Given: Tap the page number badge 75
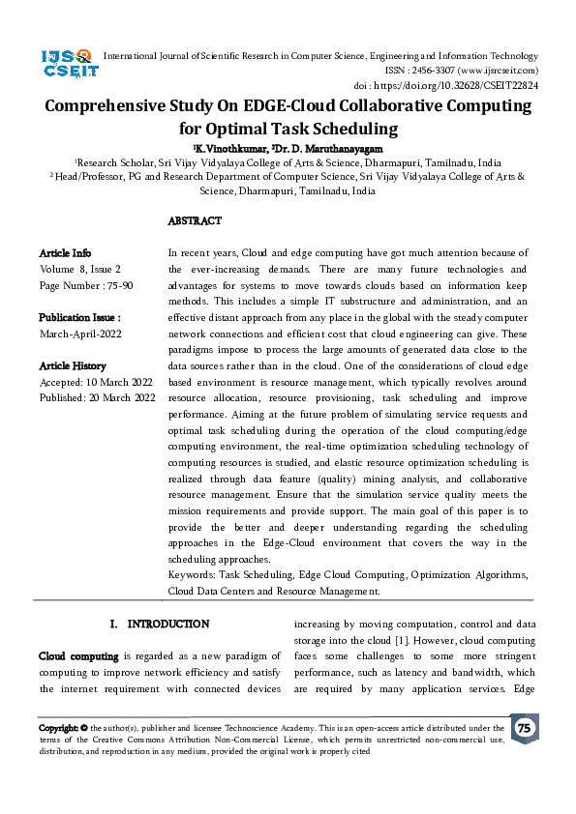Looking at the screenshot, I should (x=524, y=728).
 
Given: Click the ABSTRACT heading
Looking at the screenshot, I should (x=195, y=221).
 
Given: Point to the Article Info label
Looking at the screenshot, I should (x=65, y=252).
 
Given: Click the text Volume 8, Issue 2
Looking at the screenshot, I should (x=80, y=269).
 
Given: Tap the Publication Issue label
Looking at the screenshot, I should (x=79, y=317).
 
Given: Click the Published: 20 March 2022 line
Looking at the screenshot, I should (x=97, y=397).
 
